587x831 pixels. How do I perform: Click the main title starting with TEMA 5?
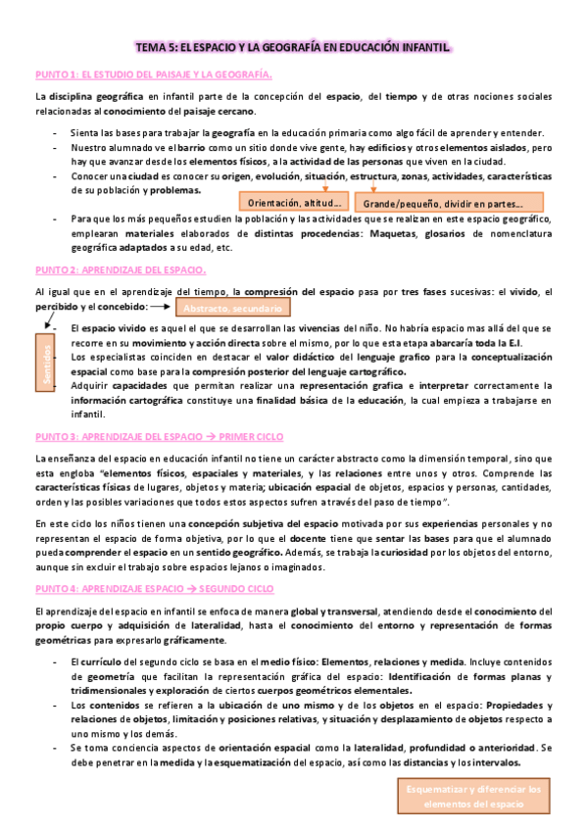pyautogui.click(x=293, y=47)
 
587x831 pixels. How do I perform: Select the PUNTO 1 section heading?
pyautogui.click(x=154, y=74)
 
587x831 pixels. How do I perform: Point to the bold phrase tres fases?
pyautogui.click(x=422, y=292)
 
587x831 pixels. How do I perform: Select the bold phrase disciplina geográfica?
pyautogui.click(x=95, y=97)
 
